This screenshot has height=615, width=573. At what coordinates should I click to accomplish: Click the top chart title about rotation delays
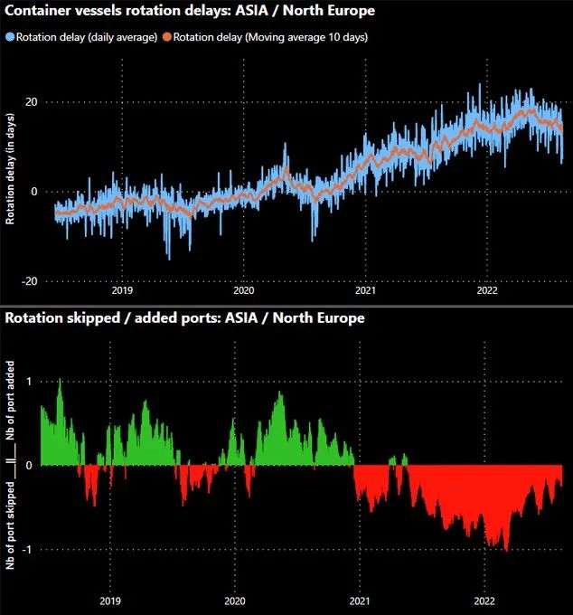[x=190, y=11]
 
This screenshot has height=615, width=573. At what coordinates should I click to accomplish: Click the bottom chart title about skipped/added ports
[x=185, y=317]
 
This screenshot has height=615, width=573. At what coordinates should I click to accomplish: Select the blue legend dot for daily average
[x=11, y=37]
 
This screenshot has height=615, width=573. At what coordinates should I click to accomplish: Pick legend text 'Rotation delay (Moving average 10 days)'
[x=270, y=37]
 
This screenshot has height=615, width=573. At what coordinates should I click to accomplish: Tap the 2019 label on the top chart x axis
[x=122, y=291]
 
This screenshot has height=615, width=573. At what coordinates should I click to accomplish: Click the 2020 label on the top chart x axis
[x=244, y=291]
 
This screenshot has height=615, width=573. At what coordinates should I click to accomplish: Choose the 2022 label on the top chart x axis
[x=487, y=291]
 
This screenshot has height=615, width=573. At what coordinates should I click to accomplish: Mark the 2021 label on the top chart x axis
[x=365, y=291]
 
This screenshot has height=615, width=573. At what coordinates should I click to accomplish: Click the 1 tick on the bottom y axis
[x=29, y=382]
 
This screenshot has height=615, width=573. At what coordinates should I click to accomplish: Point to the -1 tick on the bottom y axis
[x=27, y=550]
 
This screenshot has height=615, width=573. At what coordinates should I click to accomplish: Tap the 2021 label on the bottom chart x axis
[x=360, y=601]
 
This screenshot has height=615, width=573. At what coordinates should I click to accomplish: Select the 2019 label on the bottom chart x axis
[x=110, y=601]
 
